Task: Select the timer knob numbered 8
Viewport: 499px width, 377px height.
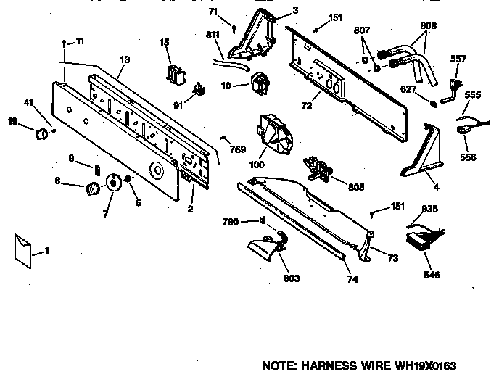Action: [x=92, y=189]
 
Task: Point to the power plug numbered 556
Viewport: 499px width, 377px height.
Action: [x=462, y=132]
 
